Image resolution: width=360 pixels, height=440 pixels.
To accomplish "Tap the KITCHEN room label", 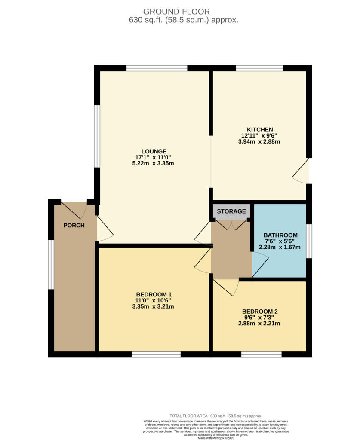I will pyautogui.click(x=259, y=130).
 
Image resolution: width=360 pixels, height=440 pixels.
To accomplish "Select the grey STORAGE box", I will pyautogui.click(x=231, y=211).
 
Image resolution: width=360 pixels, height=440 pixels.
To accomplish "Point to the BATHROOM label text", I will pyautogui.click(x=280, y=235).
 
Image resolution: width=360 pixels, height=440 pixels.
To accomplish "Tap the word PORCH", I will pyautogui.click(x=74, y=225).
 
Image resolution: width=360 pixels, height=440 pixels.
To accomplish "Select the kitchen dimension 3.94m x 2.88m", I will pyautogui.click(x=259, y=142).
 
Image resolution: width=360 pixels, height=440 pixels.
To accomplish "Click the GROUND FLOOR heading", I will pyautogui.click(x=177, y=12).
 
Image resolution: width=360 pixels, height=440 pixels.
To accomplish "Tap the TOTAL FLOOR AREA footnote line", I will pyautogui.click(x=216, y=416).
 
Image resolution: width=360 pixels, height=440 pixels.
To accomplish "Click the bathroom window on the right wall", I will pyautogui.click(x=309, y=241).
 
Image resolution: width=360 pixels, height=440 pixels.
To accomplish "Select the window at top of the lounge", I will pyautogui.click(x=157, y=68).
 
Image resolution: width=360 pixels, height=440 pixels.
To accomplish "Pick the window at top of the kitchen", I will pyautogui.click(x=259, y=68).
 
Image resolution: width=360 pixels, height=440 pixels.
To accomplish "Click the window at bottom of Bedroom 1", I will pyautogui.click(x=156, y=354).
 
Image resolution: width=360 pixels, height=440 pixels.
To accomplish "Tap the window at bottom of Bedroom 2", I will pyautogui.click(x=261, y=354).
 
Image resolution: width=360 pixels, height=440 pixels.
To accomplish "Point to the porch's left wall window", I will pyautogui.click(x=51, y=265).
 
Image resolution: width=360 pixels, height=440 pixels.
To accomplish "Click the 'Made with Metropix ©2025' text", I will pyautogui.click(x=216, y=438).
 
